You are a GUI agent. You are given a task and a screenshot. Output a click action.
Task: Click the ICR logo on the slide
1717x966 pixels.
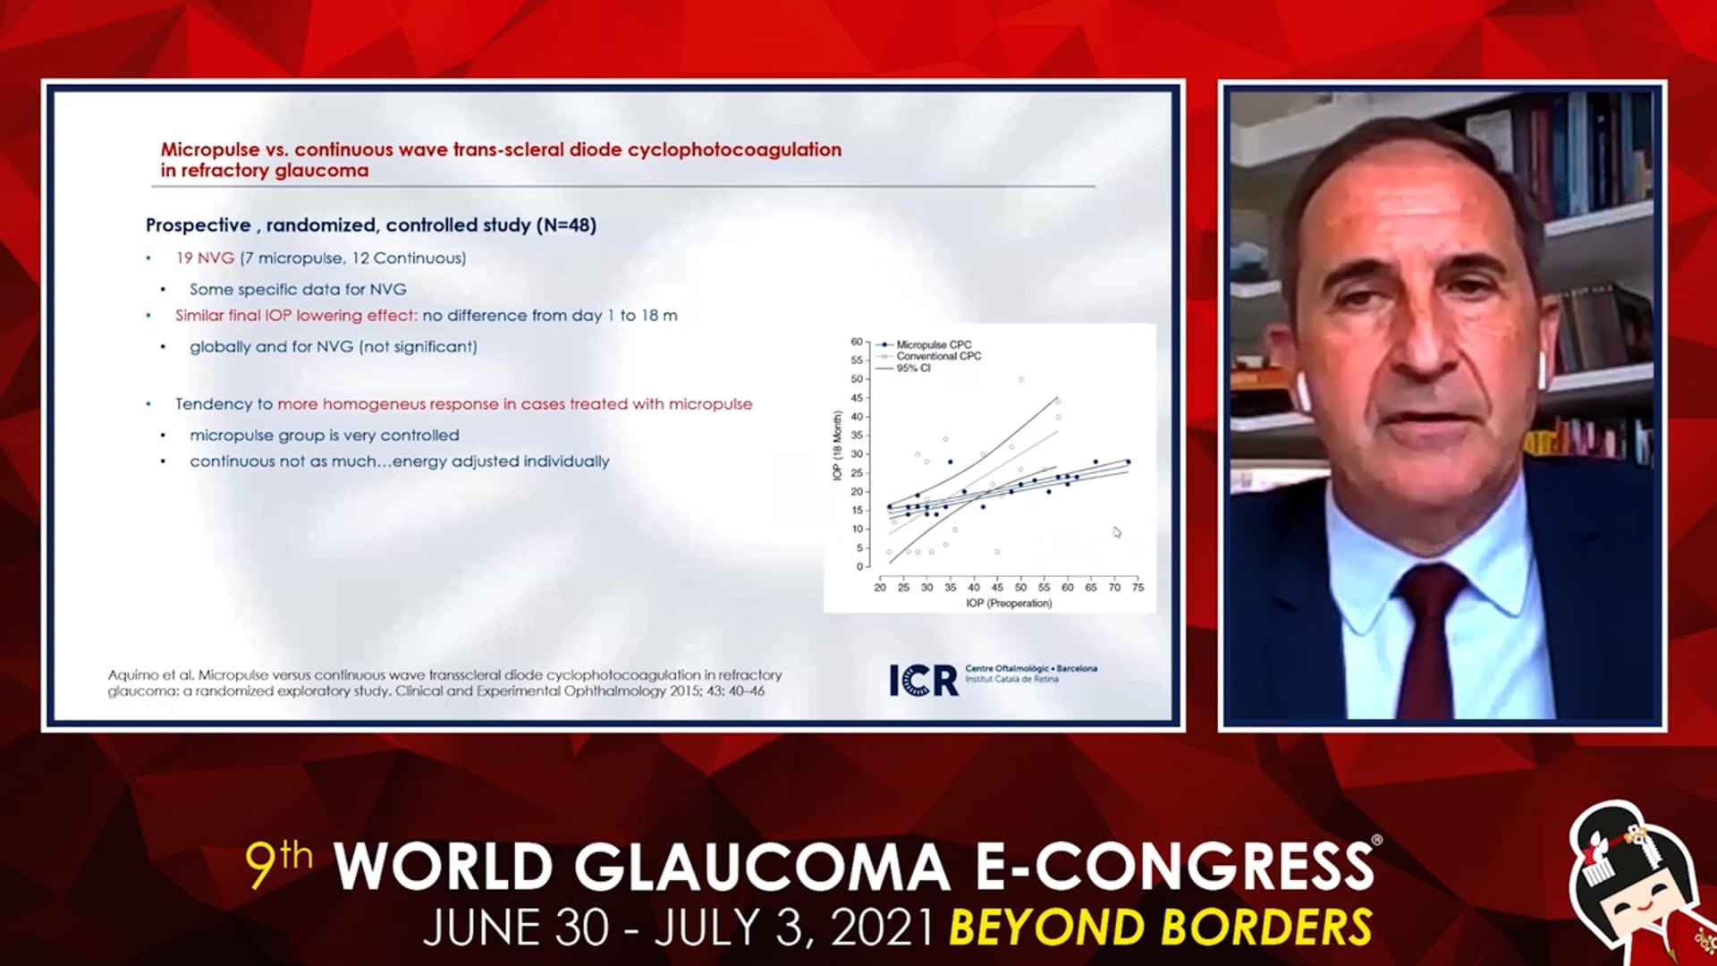924,681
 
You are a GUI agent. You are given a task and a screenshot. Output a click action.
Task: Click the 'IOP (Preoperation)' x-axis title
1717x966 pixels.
1009,604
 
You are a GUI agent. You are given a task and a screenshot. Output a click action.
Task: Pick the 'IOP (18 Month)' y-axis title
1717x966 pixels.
838,445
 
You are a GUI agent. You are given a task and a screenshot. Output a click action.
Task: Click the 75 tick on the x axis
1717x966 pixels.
1138,588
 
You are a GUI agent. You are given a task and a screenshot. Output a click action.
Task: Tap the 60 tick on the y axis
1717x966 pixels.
857,342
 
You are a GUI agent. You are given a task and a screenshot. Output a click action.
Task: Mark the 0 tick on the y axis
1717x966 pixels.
859,566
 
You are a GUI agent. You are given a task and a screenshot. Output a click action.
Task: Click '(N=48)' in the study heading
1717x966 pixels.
566,225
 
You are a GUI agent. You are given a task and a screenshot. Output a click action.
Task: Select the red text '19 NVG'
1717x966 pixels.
205,258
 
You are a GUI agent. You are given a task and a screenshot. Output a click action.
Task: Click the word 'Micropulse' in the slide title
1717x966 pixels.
210,150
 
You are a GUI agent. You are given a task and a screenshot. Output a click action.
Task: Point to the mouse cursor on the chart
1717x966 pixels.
1117,532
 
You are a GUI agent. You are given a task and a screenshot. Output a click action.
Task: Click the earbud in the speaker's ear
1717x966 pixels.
1302,391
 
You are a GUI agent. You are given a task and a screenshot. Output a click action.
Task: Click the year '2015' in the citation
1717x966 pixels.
684,691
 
